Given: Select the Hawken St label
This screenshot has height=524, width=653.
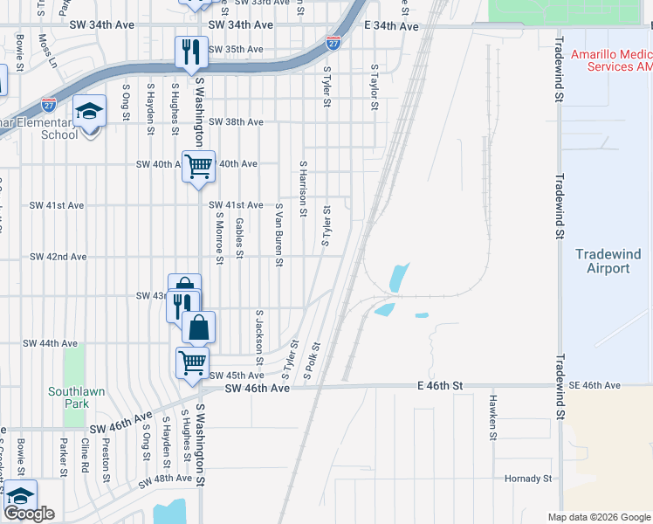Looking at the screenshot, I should (x=492, y=416).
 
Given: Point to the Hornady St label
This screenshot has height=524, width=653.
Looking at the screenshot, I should (x=528, y=479).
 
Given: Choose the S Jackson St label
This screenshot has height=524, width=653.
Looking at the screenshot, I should (x=259, y=336).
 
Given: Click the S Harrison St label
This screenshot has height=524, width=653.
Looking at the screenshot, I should (x=304, y=188).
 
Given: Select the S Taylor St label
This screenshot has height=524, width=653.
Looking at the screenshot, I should (x=374, y=86).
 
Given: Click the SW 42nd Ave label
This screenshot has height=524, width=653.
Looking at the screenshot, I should (x=58, y=257).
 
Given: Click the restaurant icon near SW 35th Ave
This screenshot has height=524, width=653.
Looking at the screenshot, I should (x=189, y=52).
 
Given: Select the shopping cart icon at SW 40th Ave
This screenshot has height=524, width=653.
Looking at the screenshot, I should (x=198, y=164).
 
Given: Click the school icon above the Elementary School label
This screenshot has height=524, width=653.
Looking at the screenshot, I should (x=89, y=111).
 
